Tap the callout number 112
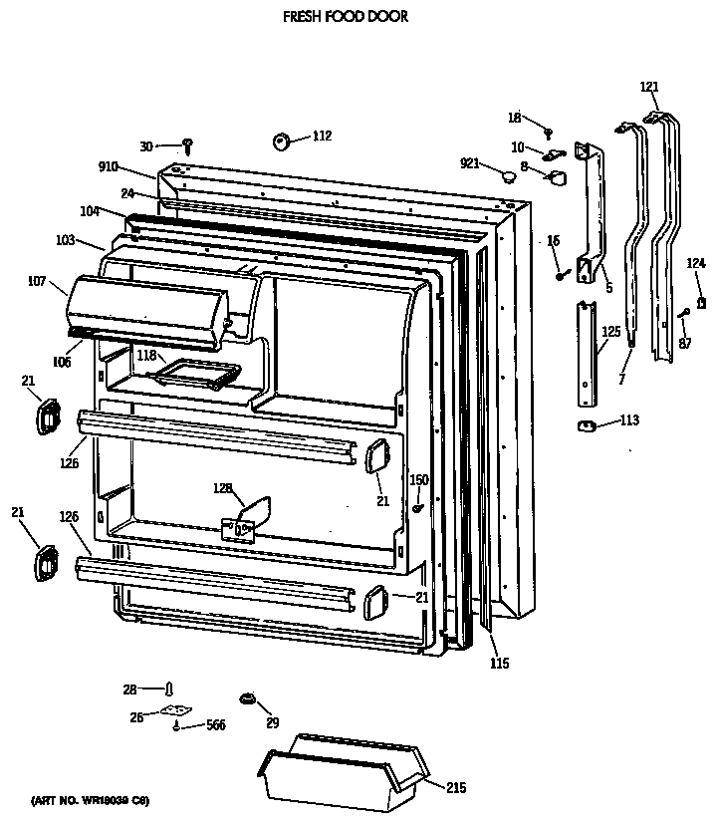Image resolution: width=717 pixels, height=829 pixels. click(322, 137)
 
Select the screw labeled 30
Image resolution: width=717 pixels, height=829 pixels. click(186, 147)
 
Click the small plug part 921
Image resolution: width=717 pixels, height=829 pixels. click(510, 177)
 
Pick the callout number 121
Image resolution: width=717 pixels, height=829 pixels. click(649, 88)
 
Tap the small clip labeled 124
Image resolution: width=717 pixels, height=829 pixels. click(701, 301)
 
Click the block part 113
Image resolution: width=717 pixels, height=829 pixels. click(587, 426)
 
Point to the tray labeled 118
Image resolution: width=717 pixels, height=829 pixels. click(195, 374)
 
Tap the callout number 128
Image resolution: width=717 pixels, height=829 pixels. click(222, 487)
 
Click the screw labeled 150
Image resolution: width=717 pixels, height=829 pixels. click(418, 509)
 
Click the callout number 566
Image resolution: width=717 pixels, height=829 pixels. click(215, 725)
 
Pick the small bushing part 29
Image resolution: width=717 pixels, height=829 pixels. click(247, 696)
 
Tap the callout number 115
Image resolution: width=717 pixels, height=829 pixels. click(499, 664)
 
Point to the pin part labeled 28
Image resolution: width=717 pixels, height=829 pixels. click(170, 689)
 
